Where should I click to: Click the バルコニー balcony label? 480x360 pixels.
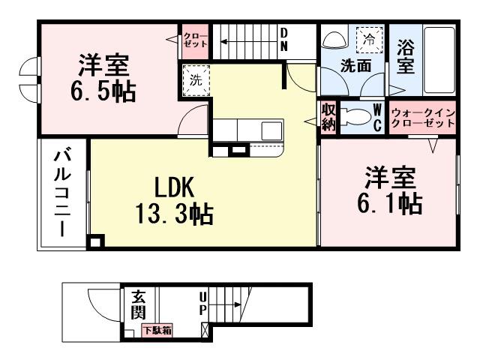click(62, 194)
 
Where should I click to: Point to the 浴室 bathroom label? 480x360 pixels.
click(406, 55)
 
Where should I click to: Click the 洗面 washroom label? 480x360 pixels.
click(355, 65)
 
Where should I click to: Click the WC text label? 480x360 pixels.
click(378, 118)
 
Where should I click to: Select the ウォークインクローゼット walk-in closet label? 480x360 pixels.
click(422, 117)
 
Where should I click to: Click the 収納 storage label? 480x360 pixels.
click(328, 118)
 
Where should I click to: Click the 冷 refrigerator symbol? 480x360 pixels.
click(369, 37)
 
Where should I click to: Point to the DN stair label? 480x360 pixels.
click(285, 39)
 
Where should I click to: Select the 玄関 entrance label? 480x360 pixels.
click(138, 304)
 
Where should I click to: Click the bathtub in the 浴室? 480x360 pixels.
click(439, 61)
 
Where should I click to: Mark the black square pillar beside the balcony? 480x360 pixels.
click(95, 242)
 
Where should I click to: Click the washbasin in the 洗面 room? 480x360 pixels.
click(333, 38)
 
